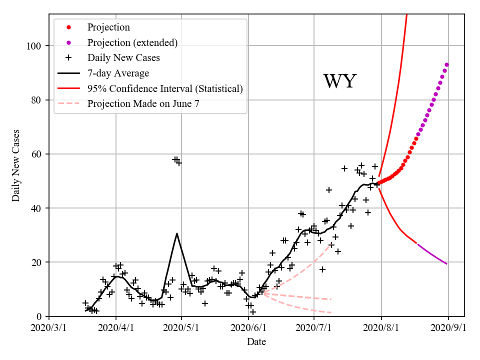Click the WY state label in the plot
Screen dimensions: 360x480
[x=339, y=81]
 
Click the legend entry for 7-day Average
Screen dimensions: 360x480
[x=118, y=73]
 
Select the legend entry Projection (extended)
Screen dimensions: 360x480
[x=132, y=42]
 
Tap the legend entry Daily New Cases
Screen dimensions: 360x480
[x=123, y=58]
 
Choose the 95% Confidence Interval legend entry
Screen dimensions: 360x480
[x=165, y=89]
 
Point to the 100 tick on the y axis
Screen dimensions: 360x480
[x=36, y=46]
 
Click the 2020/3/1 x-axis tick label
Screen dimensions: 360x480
[x=49, y=328]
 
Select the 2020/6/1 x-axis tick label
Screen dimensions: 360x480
[x=248, y=328]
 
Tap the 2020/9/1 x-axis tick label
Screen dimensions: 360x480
[x=448, y=328]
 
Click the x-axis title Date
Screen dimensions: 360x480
[x=256, y=342]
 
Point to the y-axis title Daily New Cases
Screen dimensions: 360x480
[x=16, y=165]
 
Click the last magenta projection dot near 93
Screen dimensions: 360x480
[x=446, y=64]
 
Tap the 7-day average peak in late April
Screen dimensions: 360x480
[x=177, y=233]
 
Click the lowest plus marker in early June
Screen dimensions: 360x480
[x=253, y=311]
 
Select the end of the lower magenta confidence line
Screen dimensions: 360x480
[x=446, y=263]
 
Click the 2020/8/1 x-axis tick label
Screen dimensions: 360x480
[x=381, y=328]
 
